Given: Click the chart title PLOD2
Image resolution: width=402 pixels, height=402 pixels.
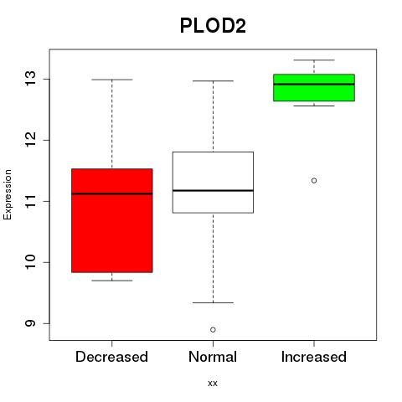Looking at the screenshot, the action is [213, 26].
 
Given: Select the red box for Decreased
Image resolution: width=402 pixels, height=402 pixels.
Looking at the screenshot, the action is [112, 220].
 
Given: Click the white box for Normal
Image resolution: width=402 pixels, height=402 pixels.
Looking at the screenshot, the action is [213, 183].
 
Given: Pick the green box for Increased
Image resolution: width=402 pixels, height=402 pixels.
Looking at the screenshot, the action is [314, 88].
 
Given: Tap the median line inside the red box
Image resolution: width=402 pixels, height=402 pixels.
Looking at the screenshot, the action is [112, 193].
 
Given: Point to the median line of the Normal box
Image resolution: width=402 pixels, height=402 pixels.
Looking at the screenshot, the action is [213, 190].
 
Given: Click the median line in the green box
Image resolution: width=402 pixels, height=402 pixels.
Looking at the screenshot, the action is [314, 84].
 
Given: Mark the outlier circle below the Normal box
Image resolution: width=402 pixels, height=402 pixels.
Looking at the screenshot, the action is [213, 330].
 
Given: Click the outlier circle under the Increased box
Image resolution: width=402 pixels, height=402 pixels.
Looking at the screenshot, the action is [314, 181].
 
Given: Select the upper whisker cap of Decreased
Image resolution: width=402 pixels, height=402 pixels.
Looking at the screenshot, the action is [112, 80].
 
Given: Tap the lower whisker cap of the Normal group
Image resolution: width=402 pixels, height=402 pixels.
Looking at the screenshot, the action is [213, 302].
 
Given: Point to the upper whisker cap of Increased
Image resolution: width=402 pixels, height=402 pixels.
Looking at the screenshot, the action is [314, 60].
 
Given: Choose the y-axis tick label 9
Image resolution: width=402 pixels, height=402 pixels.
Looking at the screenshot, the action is [30, 323].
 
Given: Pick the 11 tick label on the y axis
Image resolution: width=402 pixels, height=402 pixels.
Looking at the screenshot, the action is [30, 201].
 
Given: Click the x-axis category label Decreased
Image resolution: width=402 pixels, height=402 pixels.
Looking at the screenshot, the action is [111, 357].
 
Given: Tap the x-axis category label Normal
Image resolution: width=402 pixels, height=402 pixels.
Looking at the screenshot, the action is [213, 357].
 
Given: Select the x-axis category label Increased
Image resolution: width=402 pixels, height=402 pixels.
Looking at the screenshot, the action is [314, 357].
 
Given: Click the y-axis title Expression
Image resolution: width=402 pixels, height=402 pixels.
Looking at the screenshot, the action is [8, 194].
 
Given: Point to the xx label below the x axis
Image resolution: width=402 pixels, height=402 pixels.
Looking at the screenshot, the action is [213, 384].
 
